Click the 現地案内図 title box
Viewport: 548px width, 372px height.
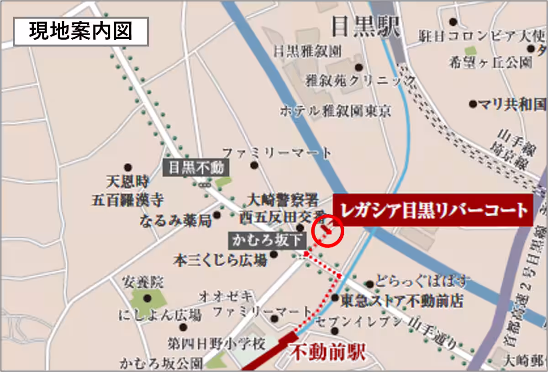(80, 32)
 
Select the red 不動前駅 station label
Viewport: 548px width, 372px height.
(328, 352)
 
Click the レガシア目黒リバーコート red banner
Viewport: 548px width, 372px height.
(433, 210)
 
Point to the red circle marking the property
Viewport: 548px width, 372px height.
(327, 231)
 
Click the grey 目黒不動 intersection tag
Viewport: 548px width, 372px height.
(196, 168)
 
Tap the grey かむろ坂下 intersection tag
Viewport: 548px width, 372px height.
(261, 239)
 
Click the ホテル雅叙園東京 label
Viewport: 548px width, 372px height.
(336, 111)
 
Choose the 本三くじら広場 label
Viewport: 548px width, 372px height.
(220, 260)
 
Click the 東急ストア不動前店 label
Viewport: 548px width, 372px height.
(402, 301)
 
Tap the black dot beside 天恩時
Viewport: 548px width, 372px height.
(128, 168)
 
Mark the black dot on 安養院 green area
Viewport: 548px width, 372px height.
(147, 298)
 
